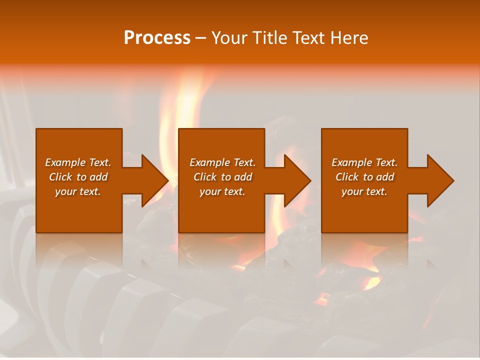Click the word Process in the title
click(x=157, y=38)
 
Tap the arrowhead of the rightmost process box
click(x=439, y=180)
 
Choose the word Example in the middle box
click(x=209, y=162)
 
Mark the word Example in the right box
click(x=351, y=162)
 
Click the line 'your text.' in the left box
click(x=78, y=191)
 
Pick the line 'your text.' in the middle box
click(x=222, y=191)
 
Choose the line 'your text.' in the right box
click(x=364, y=191)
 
